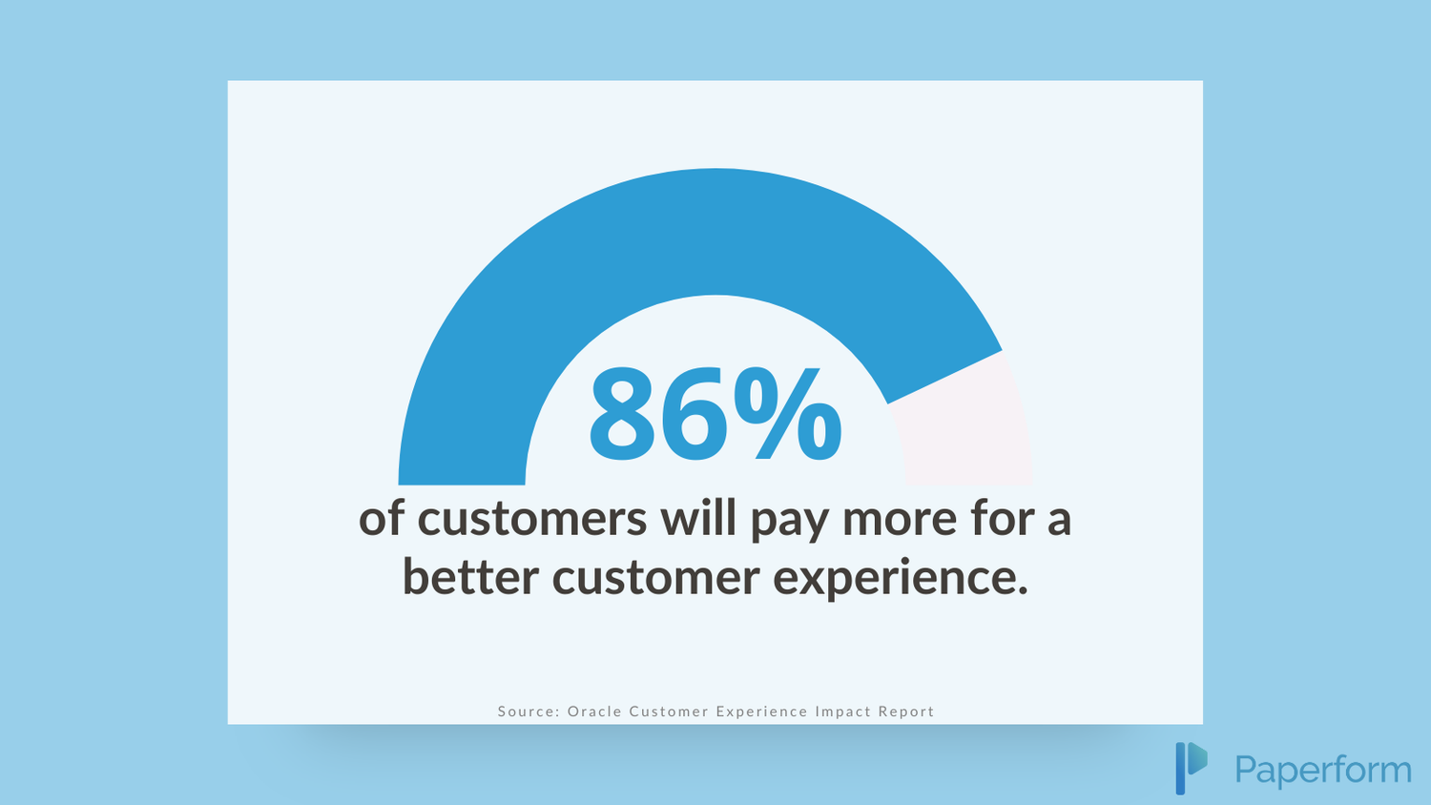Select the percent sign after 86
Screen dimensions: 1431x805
point(788,413)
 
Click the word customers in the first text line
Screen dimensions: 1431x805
point(532,519)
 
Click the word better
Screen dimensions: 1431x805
point(470,576)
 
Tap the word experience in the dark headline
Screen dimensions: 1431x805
point(901,579)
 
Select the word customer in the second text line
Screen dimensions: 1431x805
point(655,578)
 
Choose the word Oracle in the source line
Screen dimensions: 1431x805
point(594,712)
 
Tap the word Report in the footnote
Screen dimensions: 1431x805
point(906,712)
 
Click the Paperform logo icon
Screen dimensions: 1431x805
point(1192,768)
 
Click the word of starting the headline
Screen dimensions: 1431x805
point(381,518)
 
